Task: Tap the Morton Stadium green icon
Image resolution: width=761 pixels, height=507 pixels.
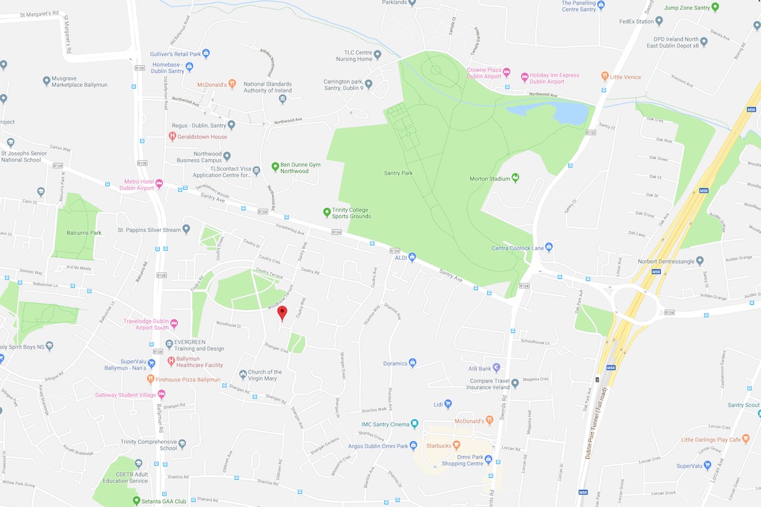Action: pyautogui.click(x=515, y=178)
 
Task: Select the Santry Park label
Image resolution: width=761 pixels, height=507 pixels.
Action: pyautogui.click(x=398, y=173)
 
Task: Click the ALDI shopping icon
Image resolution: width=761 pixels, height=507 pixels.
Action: pyautogui.click(x=412, y=257)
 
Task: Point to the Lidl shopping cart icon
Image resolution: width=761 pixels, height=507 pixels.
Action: pyautogui.click(x=448, y=404)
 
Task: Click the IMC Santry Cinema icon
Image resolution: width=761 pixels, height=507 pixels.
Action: pyautogui.click(x=415, y=424)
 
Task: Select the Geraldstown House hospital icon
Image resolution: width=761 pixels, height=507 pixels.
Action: pyautogui.click(x=172, y=136)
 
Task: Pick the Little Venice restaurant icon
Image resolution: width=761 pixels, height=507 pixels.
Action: pyautogui.click(x=605, y=77)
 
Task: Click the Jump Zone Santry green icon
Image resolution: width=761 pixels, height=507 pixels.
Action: pyautogui.click(x=715, y=8)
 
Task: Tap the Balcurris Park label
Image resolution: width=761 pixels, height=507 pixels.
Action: pyautogui.click(x=84, y=233)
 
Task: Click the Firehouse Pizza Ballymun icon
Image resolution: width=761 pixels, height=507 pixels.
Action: pyautogui.click(x=150, y=380)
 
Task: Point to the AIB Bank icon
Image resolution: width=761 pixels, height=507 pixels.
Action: pyautogui.click(x=497, y=368)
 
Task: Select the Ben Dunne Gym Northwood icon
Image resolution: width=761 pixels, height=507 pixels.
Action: pyautogui.click(x=275, y=167)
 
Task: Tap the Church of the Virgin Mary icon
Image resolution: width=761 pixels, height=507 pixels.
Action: pyautogui.click(x=243, y=375)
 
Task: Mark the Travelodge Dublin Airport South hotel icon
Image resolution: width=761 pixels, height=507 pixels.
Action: pyautogui.click(x=174, y=324)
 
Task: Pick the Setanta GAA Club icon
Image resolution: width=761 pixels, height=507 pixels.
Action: pyautogui.click(x=136, y=501)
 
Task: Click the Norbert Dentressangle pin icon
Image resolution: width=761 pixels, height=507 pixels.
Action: pyautogui.click(x=699, y=260)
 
